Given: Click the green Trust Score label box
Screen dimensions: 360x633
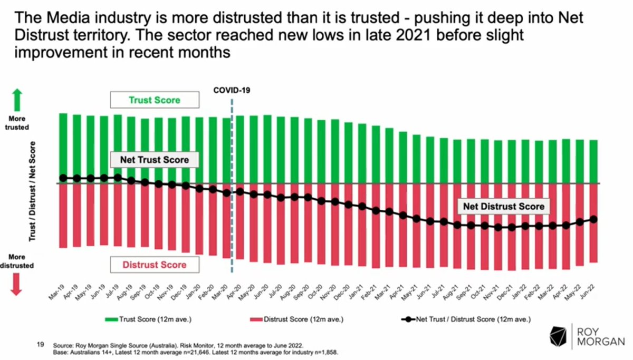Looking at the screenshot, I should [154, 100].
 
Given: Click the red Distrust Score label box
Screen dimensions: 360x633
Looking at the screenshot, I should [154, 265].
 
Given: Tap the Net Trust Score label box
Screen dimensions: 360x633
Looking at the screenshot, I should [154, 160].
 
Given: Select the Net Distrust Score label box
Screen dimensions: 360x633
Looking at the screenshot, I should [503, 207].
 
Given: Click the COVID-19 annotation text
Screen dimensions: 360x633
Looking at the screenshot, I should [232, 90].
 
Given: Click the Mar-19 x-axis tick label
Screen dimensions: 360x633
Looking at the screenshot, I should [57, 293].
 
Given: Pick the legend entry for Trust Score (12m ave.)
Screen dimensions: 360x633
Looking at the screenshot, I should [145, 319].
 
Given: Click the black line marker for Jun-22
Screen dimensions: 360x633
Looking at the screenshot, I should [593, 219].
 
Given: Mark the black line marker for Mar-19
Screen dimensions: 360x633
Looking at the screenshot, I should [63, 178].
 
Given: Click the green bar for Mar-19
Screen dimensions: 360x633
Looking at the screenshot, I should [63, 148].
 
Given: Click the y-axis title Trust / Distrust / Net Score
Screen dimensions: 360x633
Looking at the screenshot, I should [33, 191].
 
